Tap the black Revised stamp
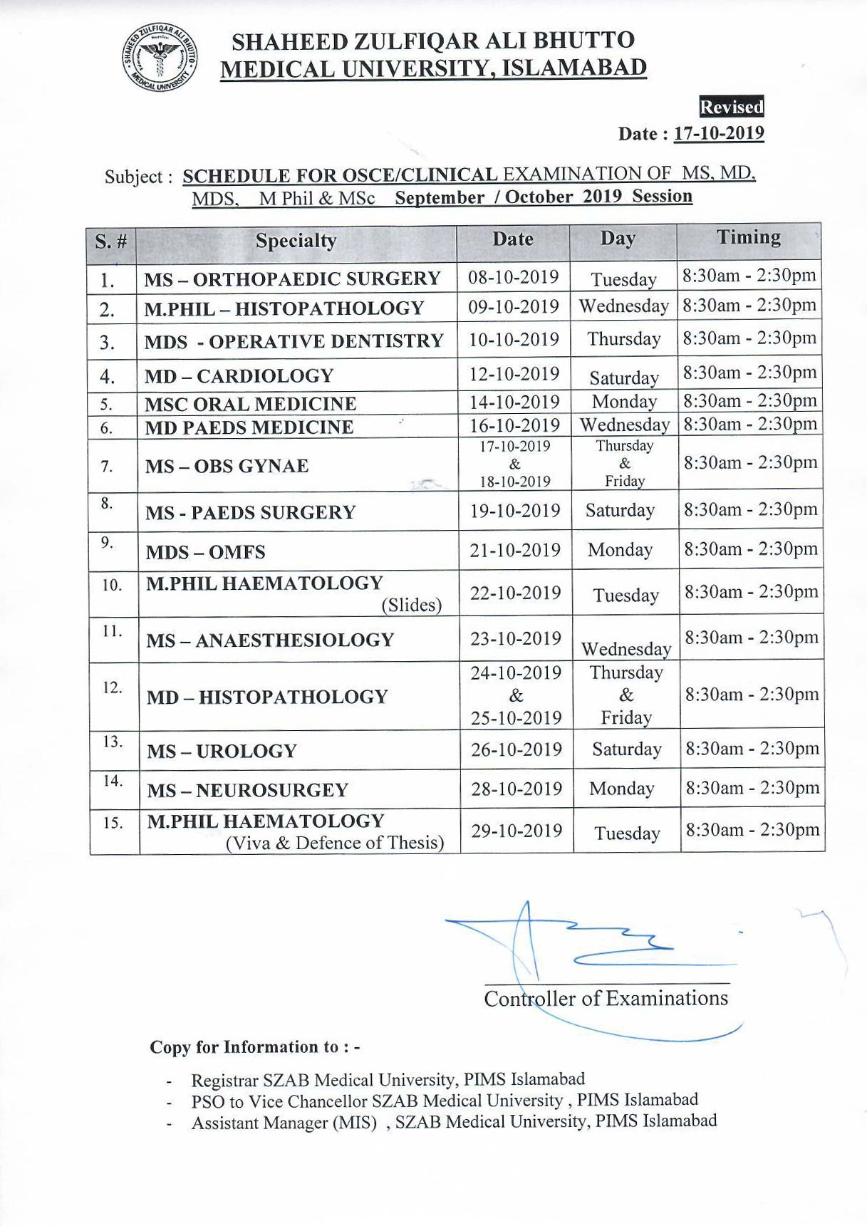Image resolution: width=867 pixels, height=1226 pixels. [732, 107]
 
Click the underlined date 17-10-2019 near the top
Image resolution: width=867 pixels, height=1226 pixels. [718, 133]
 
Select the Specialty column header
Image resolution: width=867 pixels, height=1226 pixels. [296, 241]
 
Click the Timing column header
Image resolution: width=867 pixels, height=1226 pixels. [748, 237]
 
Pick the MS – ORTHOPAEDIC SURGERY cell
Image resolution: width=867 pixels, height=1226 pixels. [292, 279]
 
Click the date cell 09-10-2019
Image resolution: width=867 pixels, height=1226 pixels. [513, 306]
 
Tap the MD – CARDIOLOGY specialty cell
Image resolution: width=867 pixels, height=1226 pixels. [239, 375]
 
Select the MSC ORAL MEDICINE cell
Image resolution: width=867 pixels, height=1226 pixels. [251, 404]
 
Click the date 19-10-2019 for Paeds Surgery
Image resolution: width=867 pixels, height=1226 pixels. [514, 511]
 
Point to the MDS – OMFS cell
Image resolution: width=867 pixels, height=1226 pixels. [206, 552]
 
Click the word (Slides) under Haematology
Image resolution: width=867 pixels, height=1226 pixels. [411, 605]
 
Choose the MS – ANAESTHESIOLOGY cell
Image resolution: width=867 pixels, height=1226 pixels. [270, 640]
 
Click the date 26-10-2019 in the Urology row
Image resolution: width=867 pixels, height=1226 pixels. [516, 749]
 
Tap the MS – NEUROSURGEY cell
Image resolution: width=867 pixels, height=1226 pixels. [247, 790]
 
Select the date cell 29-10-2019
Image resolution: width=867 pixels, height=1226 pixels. [516, 831]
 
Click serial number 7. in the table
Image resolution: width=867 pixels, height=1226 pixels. [106, 467]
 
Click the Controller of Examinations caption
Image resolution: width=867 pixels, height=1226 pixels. [606, 998]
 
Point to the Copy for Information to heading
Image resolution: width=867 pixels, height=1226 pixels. [254, 1046]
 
